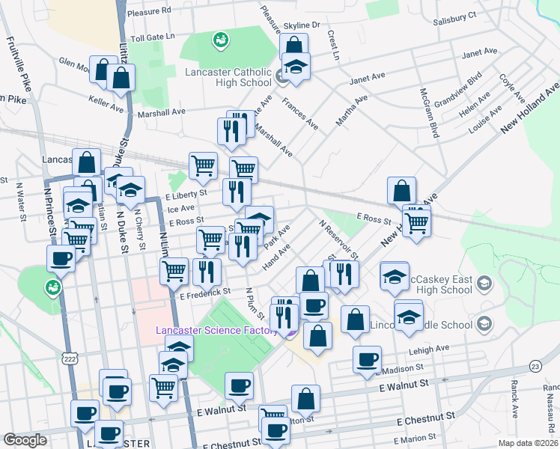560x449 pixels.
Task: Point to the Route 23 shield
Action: [x=535, y=365]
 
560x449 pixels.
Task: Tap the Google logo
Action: [x=25, y=440]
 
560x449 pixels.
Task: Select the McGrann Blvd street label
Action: [x=428, y=113]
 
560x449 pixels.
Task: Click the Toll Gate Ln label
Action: [x=152, y=36]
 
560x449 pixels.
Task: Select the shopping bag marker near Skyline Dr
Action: [x=293, y=45]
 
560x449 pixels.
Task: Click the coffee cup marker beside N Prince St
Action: [x=61, y=259]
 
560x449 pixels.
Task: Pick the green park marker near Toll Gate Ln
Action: [x=220, y=38]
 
